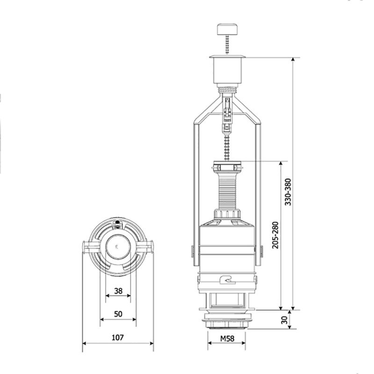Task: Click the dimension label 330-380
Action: click(288, 192)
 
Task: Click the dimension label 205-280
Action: click(275, 235)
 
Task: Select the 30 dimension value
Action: click(284, 320)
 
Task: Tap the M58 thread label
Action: click(227, 338)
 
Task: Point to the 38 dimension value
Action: click(118, 291)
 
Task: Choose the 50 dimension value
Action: click(118, 314)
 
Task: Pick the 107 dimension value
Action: click(118, 338)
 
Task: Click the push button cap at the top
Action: click(227, 29)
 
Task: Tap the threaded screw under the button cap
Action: click(228, 45)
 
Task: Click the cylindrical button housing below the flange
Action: click(228, 71)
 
